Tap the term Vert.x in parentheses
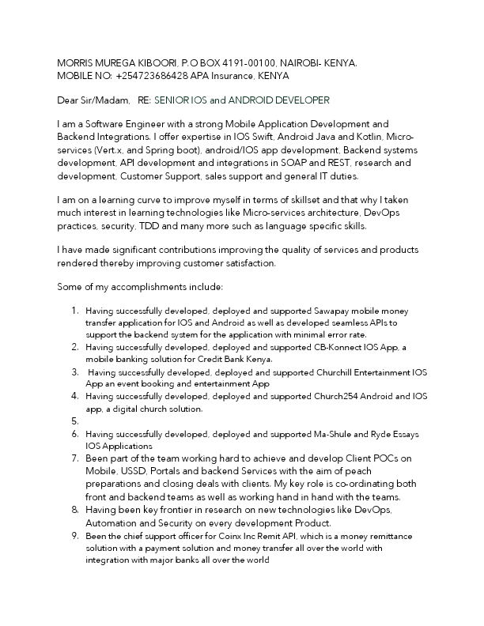click(x=109, y=150)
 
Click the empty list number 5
click(x=74, y=421)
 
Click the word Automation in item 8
click(x=112, y=523)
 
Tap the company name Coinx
click(x=215, y=536)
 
